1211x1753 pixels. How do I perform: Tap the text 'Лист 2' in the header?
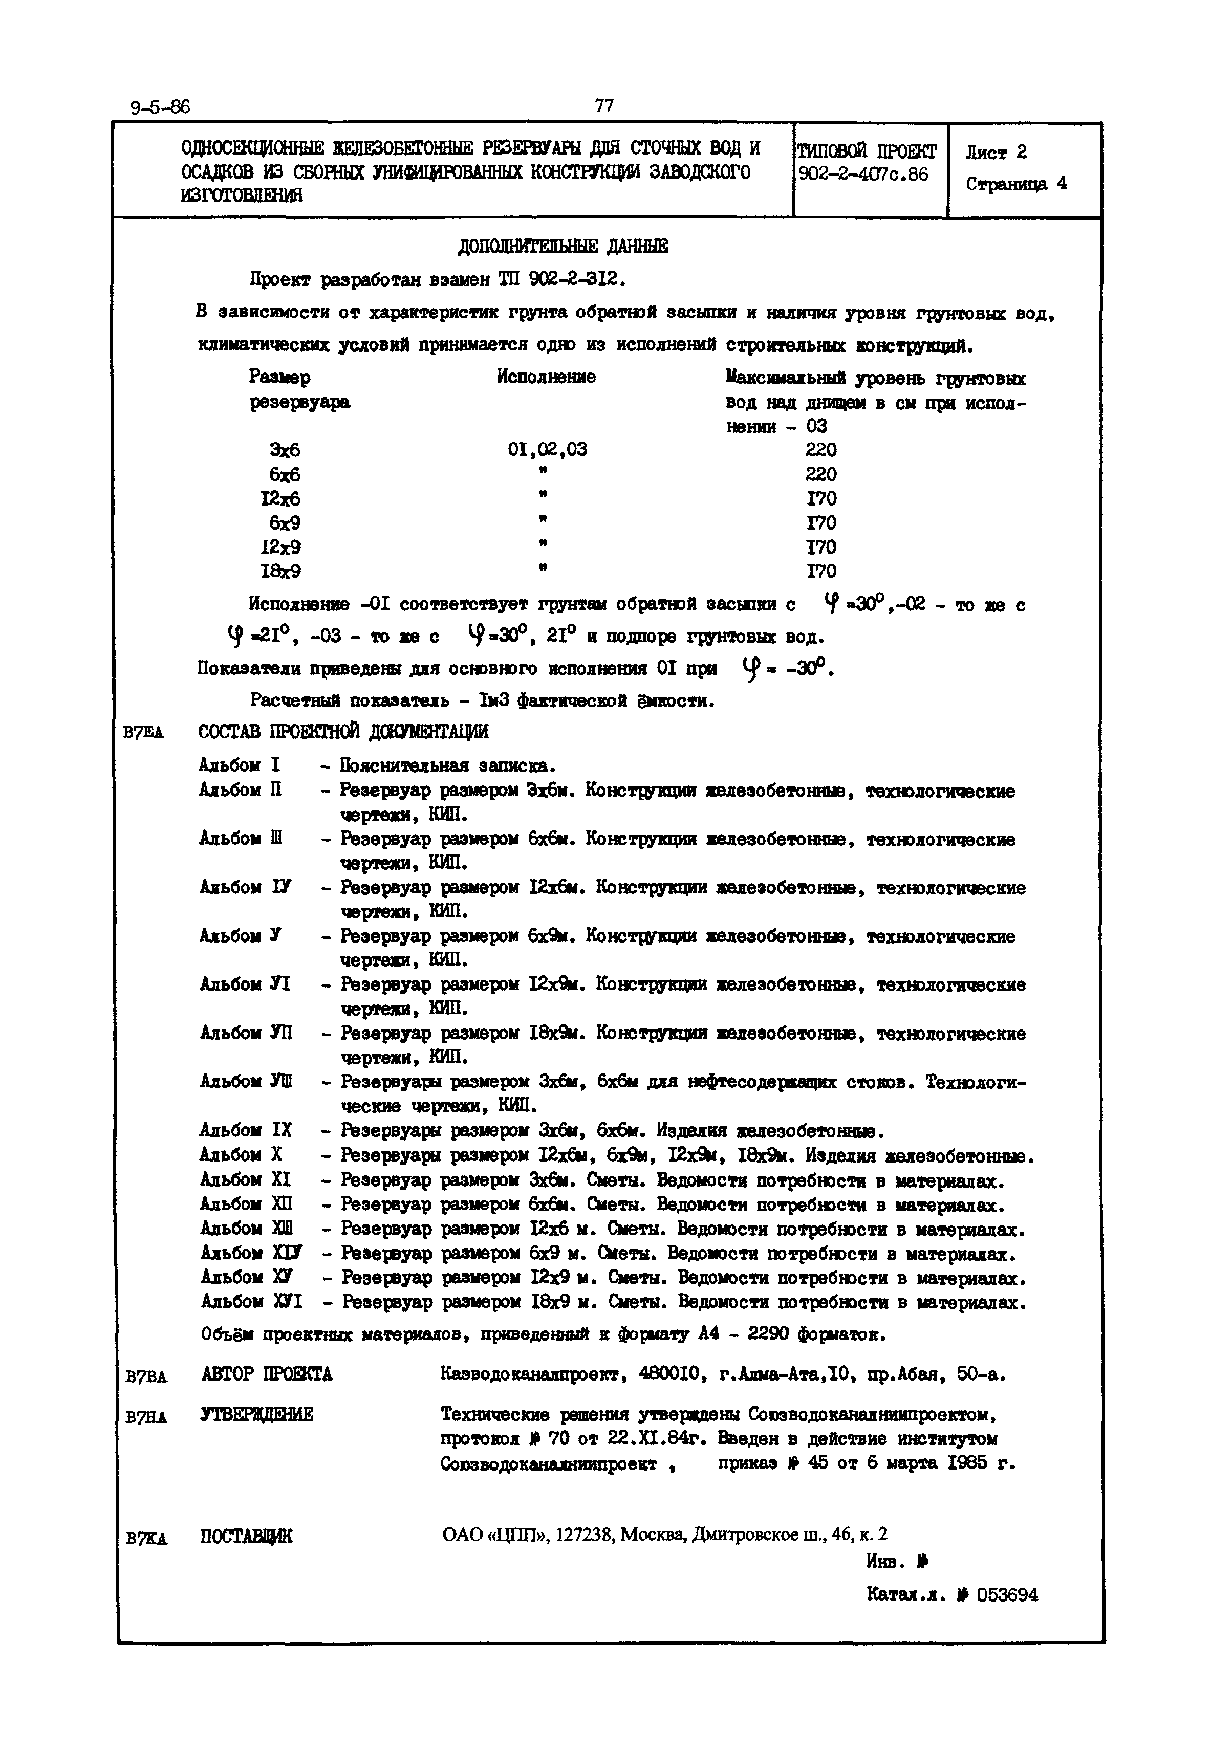996,152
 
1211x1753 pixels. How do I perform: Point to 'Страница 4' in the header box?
1016,184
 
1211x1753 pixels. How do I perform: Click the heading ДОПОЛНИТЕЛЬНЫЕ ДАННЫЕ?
563,247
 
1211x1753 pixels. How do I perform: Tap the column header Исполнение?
546,377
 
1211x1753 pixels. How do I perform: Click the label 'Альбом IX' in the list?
245,1131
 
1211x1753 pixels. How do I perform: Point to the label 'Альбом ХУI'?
251,1302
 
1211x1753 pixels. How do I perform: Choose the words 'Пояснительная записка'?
447,765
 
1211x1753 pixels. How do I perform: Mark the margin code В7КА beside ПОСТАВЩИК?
146,1540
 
